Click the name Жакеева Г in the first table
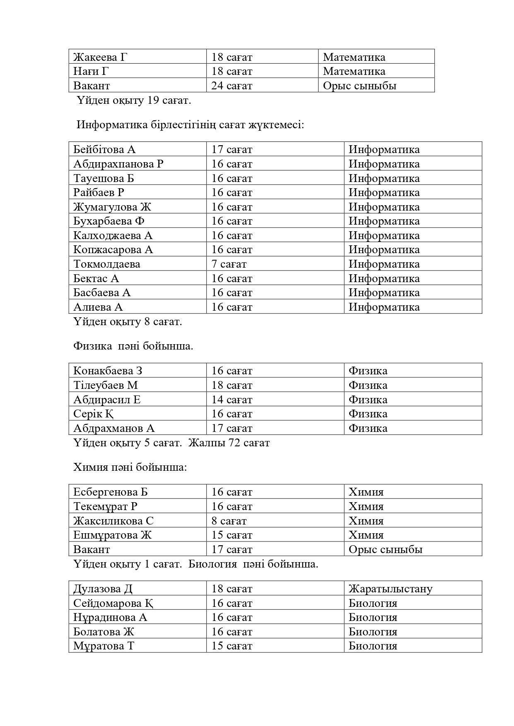point(100,57)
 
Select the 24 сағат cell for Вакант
point(232,86)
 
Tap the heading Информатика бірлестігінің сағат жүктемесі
point(190,125)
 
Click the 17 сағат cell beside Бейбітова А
point(232,149)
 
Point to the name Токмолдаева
point(107,264)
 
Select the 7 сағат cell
point(229,264)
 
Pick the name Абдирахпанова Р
point(118,164)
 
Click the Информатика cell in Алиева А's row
point(384,307)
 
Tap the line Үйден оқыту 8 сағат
point(128,321)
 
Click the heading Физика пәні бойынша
point(133,346)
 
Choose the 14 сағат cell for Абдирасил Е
point(232,400)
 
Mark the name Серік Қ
point(94,414)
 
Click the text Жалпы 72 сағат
point(229,443)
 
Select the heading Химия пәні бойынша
point(130,467)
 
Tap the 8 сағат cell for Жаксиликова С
point(229,521)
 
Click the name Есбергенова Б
point(111,492)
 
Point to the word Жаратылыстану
point(390,589)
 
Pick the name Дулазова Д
point(103,589)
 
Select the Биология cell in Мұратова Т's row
point(373,646)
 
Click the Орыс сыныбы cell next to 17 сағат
point(385,549)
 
